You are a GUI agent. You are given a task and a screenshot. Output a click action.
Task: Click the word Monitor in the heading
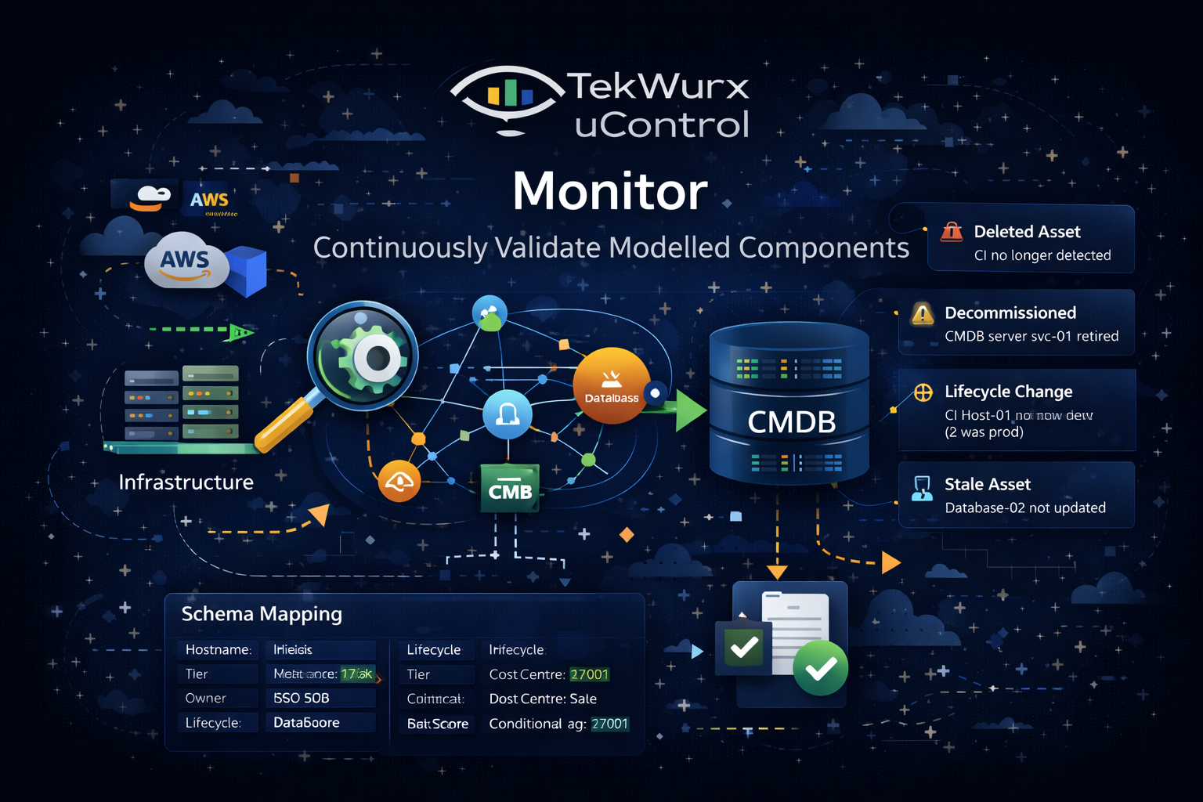tap(610, 191)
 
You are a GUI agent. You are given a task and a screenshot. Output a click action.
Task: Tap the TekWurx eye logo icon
tap(508, 97)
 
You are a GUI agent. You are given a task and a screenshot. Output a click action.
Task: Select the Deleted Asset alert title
tap(1027, 232)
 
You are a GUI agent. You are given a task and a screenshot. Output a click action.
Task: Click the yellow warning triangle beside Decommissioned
tap(923, 315)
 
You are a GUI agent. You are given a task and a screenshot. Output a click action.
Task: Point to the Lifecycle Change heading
tap(1008, 392)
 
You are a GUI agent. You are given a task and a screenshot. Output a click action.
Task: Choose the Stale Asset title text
tap(987, 484)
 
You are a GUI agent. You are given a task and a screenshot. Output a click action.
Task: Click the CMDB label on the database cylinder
tap(791, 422)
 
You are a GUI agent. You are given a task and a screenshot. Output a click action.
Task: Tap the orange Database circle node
tap(612, 386)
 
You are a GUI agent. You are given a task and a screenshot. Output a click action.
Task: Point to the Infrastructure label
tap(186, 482)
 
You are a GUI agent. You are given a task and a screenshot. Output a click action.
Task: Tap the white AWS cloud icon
tap(186, 261)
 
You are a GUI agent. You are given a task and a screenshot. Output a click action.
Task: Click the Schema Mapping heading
tap(262, 614)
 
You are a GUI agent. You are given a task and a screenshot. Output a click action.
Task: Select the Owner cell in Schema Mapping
tap(206, 698)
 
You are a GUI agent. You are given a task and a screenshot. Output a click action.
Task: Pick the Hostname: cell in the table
tap(218, 649)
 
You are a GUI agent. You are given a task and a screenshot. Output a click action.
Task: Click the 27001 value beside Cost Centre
tap(589, 674)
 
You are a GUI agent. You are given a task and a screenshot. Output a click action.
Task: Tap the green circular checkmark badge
tap(820, 668)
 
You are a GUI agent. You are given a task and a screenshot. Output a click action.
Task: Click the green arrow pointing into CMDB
tap(689, 410)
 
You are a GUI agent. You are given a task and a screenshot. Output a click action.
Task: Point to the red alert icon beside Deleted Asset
tap(951, 232)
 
